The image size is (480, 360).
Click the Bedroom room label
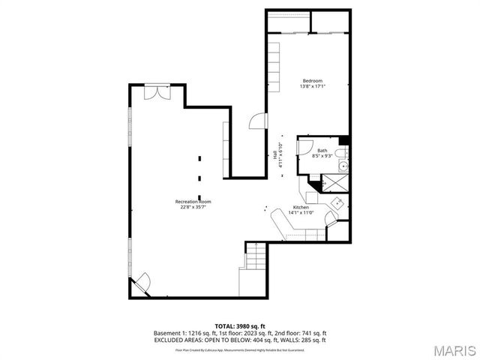[313, 80]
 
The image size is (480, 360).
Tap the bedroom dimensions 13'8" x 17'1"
[313, 86]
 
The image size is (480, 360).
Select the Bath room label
[322, 151]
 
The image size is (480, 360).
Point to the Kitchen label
[301, 207]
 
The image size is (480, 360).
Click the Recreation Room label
[193, 202]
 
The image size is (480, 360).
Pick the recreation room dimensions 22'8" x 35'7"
[193, 208]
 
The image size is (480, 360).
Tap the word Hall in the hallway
[274, 151]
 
